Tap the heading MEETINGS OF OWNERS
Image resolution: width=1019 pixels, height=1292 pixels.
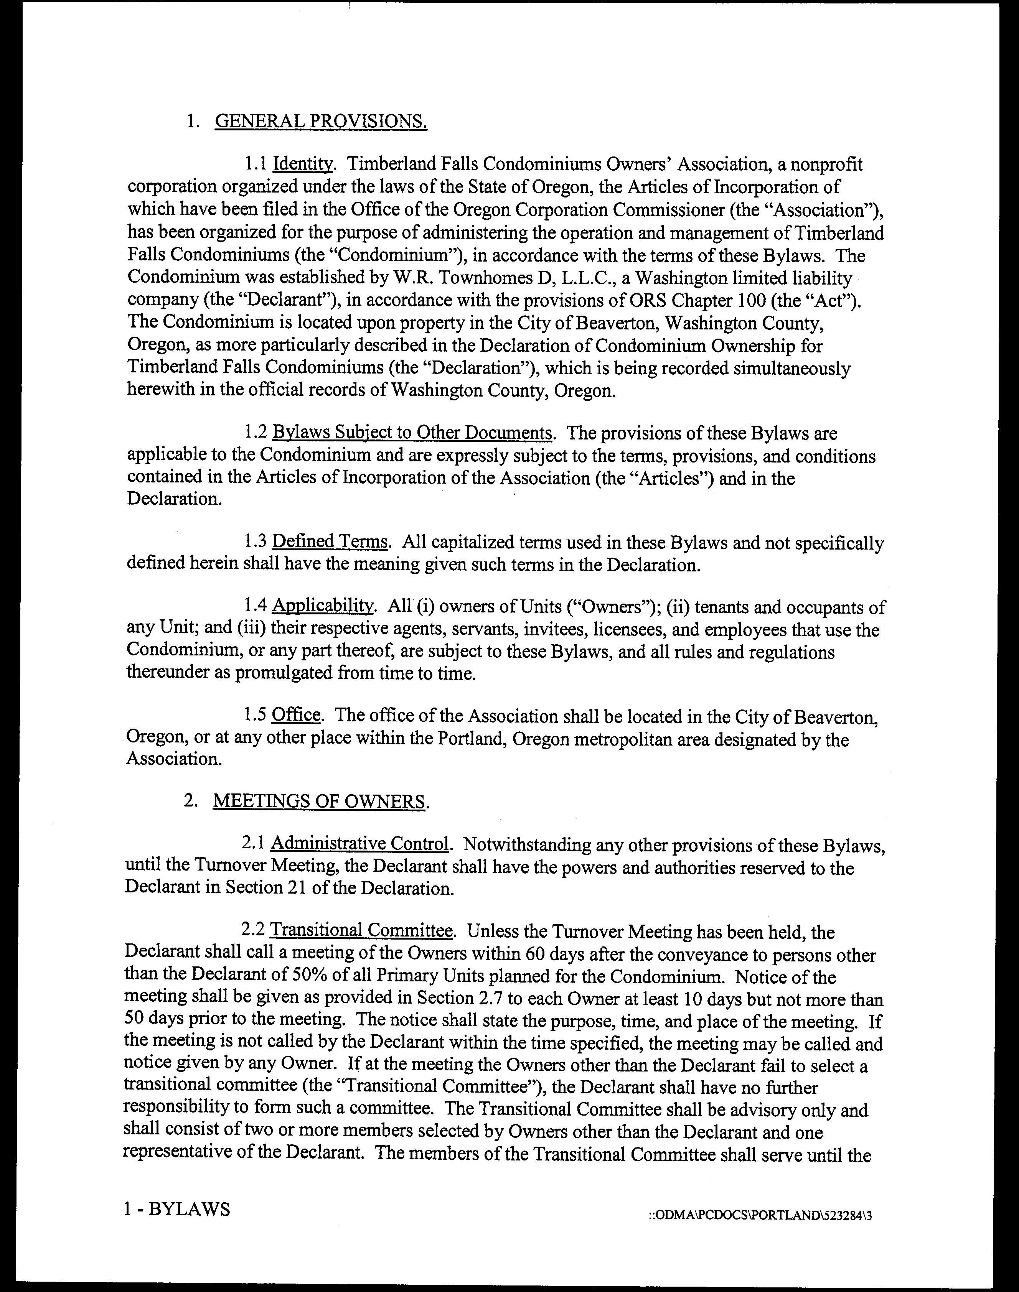click(x=320, y=801)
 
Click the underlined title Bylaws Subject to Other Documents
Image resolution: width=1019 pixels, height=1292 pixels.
click(x=412, y=433)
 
